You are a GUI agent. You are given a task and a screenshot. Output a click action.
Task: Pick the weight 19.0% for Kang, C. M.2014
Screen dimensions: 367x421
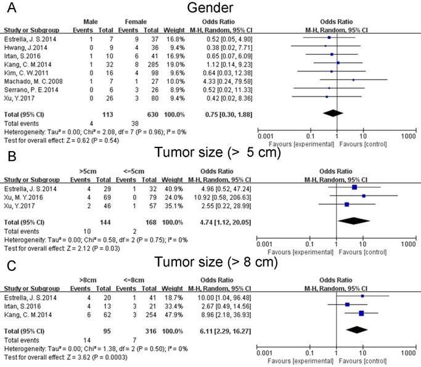[171, 63]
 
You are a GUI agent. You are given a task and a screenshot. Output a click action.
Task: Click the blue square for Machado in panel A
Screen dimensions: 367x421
[353, 80]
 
